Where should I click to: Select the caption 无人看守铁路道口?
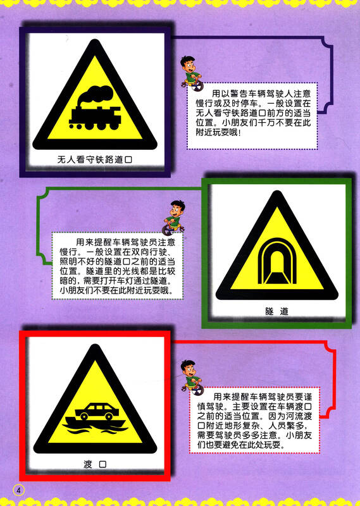pos(94,161)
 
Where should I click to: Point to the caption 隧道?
pos(276,311)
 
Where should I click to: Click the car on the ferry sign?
pos(95,411)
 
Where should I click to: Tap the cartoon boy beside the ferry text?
pos(189,373)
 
